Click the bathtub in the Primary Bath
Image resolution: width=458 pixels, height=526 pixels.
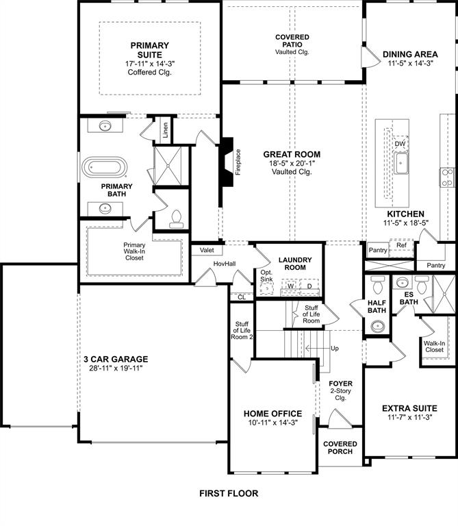[x=105, y=168]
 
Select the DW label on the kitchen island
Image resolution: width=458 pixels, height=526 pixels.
[x=400, y=144]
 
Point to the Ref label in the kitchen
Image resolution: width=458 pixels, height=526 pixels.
[x=401, y=245]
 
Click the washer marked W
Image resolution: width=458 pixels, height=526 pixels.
[x=290, y=286]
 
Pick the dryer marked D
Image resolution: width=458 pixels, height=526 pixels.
[x=309, y=286]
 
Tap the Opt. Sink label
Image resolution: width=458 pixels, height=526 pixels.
[x=266, y=276]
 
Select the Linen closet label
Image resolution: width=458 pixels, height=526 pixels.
[x=164, y=130]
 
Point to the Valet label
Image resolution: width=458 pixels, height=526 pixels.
[x=207, y=251]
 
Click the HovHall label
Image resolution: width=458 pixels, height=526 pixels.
[x=224, y=264]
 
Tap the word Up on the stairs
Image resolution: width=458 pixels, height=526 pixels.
[x=334, y=349]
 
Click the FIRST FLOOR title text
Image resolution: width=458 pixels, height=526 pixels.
[x=229, y=493]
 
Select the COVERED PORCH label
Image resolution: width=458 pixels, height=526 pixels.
[x=340, y=448]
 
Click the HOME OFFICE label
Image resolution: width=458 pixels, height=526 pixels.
[x=272, y=414]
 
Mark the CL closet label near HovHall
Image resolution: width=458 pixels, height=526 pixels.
[x=242, y=297]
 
